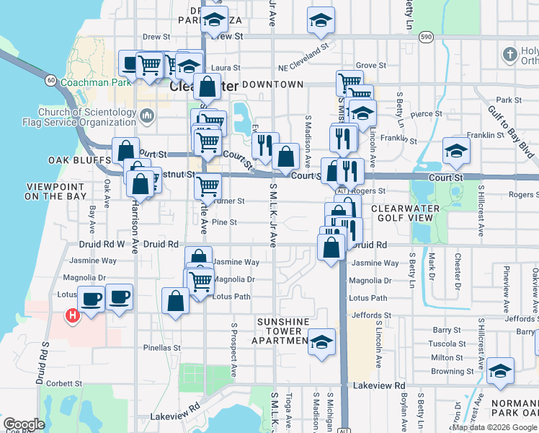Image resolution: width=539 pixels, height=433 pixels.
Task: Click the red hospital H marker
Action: coord(72,315)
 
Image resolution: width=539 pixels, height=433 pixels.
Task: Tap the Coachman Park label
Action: coord(95,83)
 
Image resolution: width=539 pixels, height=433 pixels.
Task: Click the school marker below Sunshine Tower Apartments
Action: coord(321,340)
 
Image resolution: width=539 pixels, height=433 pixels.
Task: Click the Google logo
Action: coord(24,424)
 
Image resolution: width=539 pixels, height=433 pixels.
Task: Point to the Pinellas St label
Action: coord(161,348)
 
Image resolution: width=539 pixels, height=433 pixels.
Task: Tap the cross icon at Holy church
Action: coord(510,55)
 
